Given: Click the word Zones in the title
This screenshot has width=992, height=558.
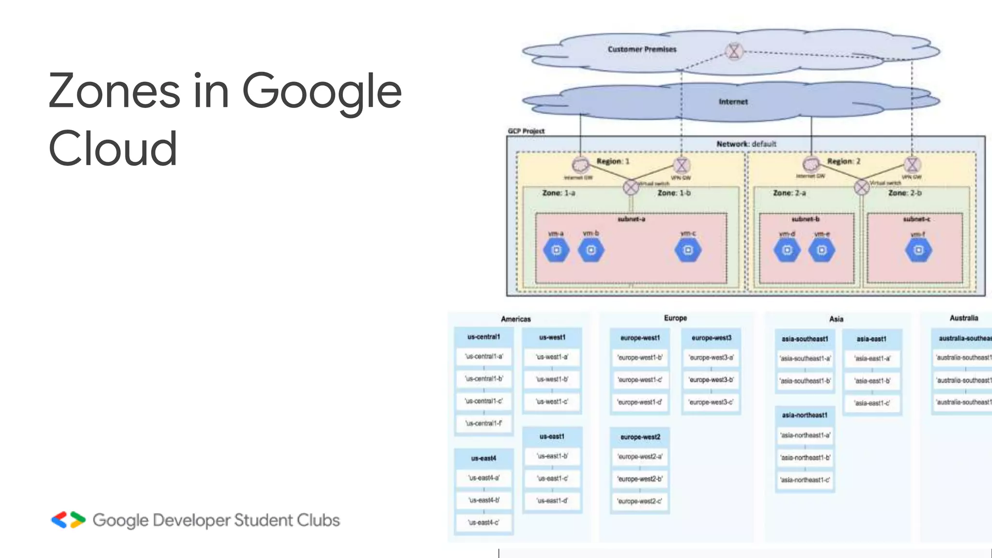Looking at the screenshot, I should click(x=114, y=91).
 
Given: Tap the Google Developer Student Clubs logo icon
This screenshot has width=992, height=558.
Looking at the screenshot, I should click(x=68, y=520).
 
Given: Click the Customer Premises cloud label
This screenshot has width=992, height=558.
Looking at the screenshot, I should click(x=642, y=49).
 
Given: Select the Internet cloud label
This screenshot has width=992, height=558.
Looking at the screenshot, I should click(x=733, y=102).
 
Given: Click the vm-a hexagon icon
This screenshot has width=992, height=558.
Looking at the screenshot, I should click(x=556, y=250).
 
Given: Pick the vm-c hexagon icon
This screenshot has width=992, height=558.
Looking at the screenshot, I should click(x=688, y=250).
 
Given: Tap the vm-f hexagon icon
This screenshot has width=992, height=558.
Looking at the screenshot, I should click(x=918, y=250).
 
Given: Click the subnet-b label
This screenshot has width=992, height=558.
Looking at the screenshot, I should click(x=806, y=219).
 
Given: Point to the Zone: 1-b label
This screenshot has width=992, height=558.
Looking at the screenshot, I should click(x=674, y=193).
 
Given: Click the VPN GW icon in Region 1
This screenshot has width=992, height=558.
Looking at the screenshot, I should click(x=682, y=166).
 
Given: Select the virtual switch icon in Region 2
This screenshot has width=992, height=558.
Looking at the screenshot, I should click(x=861, y=187).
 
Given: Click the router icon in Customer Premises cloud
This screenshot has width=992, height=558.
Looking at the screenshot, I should click(x=734, y=51).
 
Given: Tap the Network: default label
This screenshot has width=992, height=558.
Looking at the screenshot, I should click(x=746, y=144).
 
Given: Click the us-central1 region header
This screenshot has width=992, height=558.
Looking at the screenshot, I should click(x=483, y=337).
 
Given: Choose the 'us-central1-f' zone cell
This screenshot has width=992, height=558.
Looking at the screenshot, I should click(x=483, y=423).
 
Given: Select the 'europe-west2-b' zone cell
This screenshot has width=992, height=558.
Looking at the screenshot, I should click(x=640, y=479).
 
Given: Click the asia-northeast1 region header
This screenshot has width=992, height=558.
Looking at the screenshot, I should click(x=805, y=415).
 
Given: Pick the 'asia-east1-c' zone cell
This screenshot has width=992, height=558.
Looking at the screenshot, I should click(x=872, y=403).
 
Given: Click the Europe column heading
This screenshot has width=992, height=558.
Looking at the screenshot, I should click(x=675, y=318).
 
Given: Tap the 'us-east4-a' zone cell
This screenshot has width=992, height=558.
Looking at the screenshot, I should click(x=483, y=478).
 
